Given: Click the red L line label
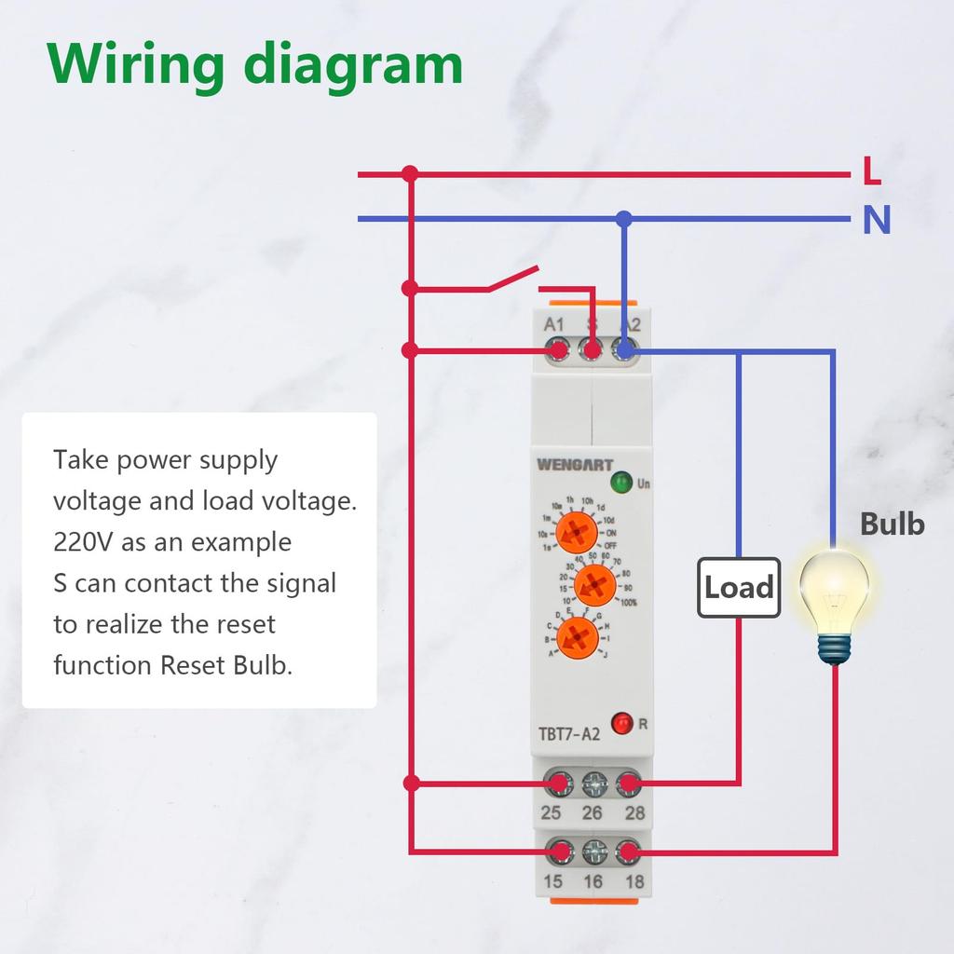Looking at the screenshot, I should coord(872,171).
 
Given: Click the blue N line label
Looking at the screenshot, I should coord(876,221).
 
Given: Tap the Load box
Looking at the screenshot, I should coord(739,588).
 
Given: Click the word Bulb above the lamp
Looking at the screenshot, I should coord(892,525).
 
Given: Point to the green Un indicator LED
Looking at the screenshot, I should coord(620,483).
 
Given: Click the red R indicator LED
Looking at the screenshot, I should coord(620,722).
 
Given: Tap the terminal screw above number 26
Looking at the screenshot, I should coord(593,784).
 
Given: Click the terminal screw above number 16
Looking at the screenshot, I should coord(593,852).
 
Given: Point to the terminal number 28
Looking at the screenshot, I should coord(634,812).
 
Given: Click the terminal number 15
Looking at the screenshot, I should coord(552,881).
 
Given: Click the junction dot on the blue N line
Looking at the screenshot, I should coord(624,219).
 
